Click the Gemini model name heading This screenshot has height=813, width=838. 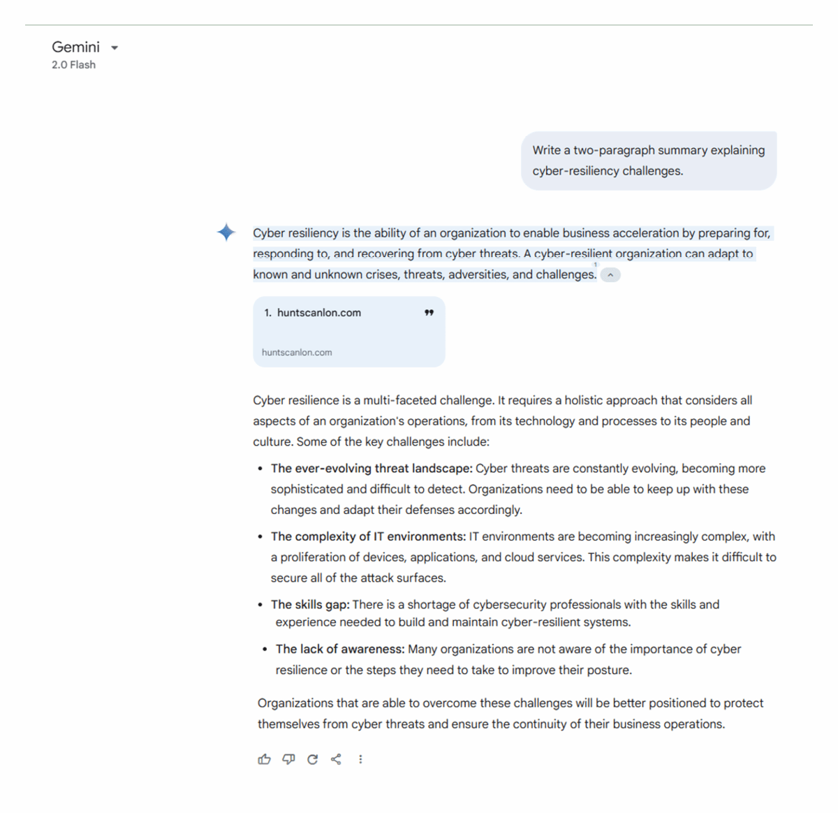coord(75,47)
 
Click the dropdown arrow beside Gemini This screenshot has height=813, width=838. coord(115,48)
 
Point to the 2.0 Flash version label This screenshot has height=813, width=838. coord(73,65)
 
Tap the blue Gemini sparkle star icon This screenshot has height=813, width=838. coord(226,232)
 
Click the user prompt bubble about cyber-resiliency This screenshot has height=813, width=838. coord(648,161)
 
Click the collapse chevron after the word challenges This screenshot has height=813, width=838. coord(610,275)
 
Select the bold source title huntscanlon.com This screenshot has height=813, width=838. coord(318,313)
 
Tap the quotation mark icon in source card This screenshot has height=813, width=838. coord(429,313)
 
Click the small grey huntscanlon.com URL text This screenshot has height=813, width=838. coord(297,353)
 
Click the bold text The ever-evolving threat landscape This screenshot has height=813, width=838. coord(372,469)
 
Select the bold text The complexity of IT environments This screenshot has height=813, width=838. coord(368,536)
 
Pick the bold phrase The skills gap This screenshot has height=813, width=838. coord(310,605)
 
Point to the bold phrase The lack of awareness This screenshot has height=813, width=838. coord(340,650)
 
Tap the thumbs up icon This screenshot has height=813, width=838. coord(264,759)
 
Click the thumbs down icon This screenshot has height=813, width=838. coord(288,759)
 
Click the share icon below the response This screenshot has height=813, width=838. coord(336,759)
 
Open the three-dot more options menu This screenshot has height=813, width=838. coord(360,759)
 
